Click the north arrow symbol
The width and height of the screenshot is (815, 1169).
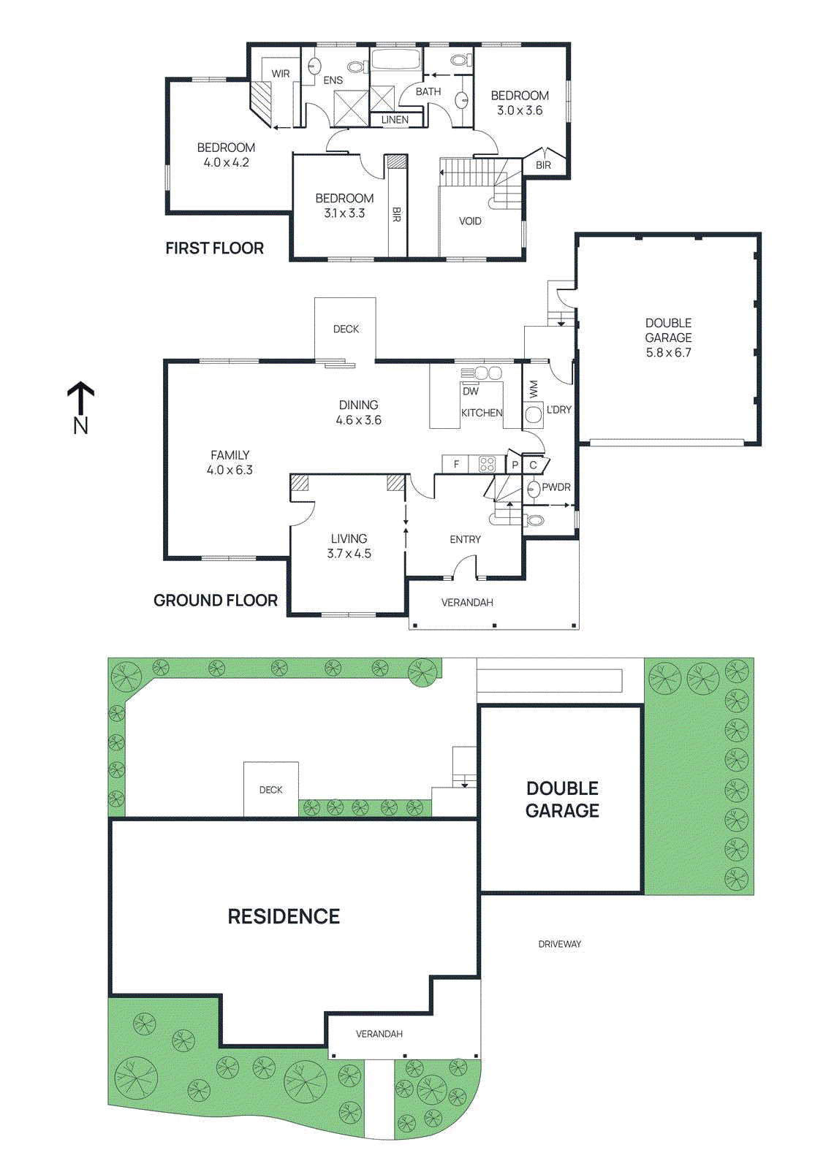click(80, 398)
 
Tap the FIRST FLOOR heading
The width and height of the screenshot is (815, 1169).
click(214, 248)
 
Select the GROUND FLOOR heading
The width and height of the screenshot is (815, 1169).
click(216, 601)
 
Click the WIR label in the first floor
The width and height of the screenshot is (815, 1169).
click(281, 74)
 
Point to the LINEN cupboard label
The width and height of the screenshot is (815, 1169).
click(395, 120)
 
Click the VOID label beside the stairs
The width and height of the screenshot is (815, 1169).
click(470, 221)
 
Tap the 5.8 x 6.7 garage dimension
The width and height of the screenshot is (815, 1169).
click(668, 353)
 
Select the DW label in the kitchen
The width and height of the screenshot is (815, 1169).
click(471, 392)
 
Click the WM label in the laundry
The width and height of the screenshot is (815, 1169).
click(533, 389)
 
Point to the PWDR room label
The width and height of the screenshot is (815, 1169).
click(556, 487)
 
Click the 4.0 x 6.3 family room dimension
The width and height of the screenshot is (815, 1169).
click(230, 471)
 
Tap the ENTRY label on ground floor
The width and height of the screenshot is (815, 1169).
click(465, 540)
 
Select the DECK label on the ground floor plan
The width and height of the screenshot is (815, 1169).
click(346, 330)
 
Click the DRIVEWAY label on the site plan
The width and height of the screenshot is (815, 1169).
click(560, 944)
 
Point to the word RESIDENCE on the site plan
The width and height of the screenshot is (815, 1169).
click(284, 917)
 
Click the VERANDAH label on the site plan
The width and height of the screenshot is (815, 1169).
click(379, 1034)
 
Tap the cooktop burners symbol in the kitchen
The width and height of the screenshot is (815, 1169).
click(487, 464)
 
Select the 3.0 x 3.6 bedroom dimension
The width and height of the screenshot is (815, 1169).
click(520, 111)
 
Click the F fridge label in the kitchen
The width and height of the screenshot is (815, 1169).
click(456, 464)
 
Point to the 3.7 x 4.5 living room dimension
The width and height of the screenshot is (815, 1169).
click(349, 554)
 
